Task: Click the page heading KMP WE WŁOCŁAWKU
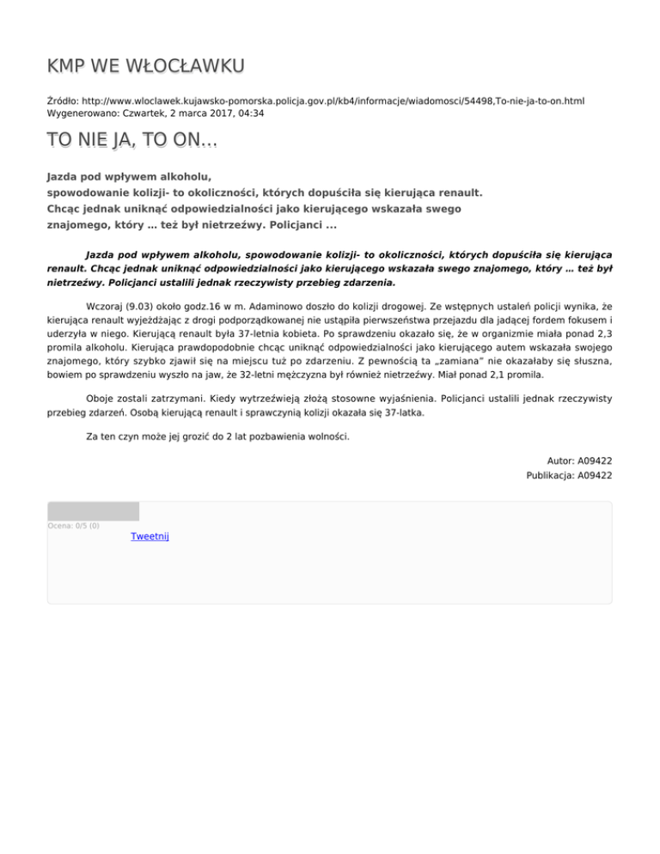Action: click(145, 66)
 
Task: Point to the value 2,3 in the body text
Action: click(602, 335)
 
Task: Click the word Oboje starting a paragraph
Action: click(102, 398)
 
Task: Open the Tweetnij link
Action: click(150, 537)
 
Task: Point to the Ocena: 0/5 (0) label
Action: click(74, 525)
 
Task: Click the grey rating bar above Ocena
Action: click(93, 511)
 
